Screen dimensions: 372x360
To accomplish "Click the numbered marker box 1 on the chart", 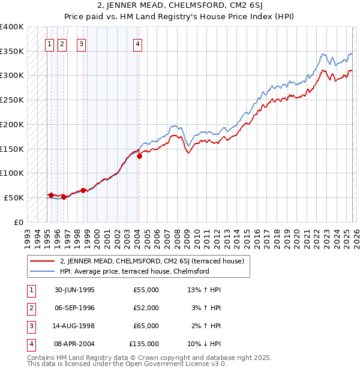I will tap(49, 43).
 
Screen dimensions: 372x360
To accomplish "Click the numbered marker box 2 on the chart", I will tap(63, 43).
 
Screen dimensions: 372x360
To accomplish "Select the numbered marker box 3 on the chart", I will tap(81, 43).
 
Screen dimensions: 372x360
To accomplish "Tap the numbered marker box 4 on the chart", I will tap(138, 43).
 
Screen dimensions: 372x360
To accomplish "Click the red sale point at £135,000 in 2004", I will tap(139, 156).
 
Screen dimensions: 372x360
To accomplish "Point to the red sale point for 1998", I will tap(83, 190).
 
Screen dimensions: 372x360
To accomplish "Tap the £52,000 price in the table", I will tap(146, 308).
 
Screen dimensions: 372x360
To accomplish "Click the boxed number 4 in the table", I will tap(30, 344).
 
